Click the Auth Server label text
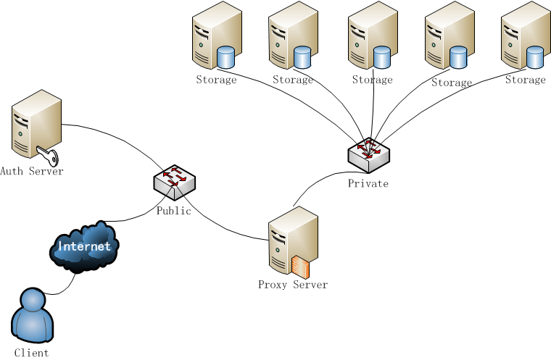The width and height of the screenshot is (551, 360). pyautogui.click(x=32, y=172)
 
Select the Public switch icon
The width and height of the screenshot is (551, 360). pyautogui.click(x=174, y=182)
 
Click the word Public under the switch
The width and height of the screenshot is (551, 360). pyautogui.click(x=174, y=211)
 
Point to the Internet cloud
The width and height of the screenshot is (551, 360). pyautogui.click(x=84, y=247)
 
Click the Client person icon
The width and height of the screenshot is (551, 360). pyautogui.click(x=33, y=317)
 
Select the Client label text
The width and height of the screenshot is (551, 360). pyautogui.click(x=32, y=353)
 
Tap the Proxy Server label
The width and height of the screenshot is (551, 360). pyautogui.click(x=292, y=285)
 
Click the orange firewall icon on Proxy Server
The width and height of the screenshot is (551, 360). pyautogui.click(x=299, y=267)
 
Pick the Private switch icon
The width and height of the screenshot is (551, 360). pyautogui.click(x=368, y=154)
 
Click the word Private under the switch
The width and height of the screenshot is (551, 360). pyautogui.click(x=368, y=183)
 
